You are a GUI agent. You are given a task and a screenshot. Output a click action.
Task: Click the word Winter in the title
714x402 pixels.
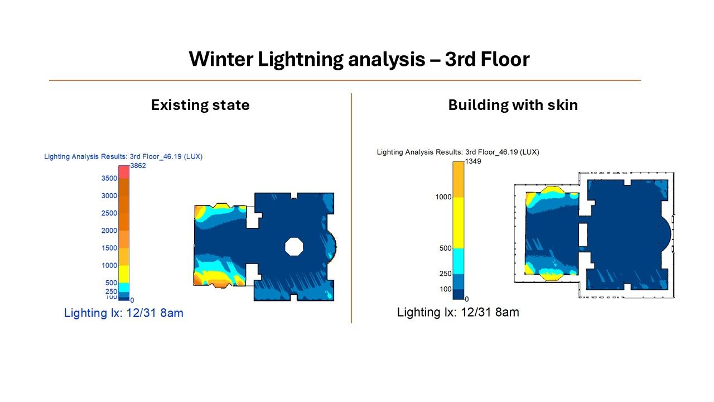pyautogui.click(x=221, y=59)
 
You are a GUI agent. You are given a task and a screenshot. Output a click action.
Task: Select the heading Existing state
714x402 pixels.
pyautogui.click(x=200, y=105)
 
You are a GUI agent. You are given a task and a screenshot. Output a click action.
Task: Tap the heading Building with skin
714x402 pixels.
pyautogui.click(x=513, y=105)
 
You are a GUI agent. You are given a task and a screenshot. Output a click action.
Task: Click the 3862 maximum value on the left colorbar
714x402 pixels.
pyautogui.click(x=138, y=166)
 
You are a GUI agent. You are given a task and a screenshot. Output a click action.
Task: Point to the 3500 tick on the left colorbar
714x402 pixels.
pyautogui.click(x=109, y=178)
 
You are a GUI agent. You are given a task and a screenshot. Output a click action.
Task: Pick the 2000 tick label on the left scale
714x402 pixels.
pyautogui.click(x=109, y=231)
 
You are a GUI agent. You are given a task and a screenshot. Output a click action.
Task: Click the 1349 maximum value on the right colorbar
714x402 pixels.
pyautogui.click(x=473, y=161)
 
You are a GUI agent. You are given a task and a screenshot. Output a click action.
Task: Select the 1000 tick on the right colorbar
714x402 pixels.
pyautogui.click(x=443, y=197)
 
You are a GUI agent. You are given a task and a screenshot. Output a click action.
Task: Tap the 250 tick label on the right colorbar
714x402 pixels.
pyautogui.click(x=445, y=274)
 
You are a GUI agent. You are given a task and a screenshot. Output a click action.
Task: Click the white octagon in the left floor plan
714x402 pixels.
pyautogui.click(x=294, y=247)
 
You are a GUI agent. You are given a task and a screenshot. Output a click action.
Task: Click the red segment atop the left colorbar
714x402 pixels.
pyautogui.click(x=124, y=172)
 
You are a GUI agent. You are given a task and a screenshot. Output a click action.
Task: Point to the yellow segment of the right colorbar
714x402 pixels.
pyautogui.click(x=459, y=223)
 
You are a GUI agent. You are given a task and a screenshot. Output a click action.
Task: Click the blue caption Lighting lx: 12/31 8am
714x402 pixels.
pyautogui.click(x=124, y=313)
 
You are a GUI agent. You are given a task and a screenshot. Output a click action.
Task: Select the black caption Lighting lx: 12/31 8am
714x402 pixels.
pyautogui.click(x=458, y=312)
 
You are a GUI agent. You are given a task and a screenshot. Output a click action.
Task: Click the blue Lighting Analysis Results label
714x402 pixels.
pyautogui.click(x=123, y=157)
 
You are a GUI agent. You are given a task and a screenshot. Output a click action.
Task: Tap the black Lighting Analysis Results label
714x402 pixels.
pyautogui.click(x=458, y=152)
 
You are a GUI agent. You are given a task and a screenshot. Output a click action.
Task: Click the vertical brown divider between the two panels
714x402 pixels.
pyautogui.click(x=351, y=208)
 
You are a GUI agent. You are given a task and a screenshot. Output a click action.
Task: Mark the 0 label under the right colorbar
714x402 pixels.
pyautogui.click(x=467, y=299)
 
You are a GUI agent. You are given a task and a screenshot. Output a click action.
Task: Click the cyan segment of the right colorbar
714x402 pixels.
pyautogui.click(x=459, y=261)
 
